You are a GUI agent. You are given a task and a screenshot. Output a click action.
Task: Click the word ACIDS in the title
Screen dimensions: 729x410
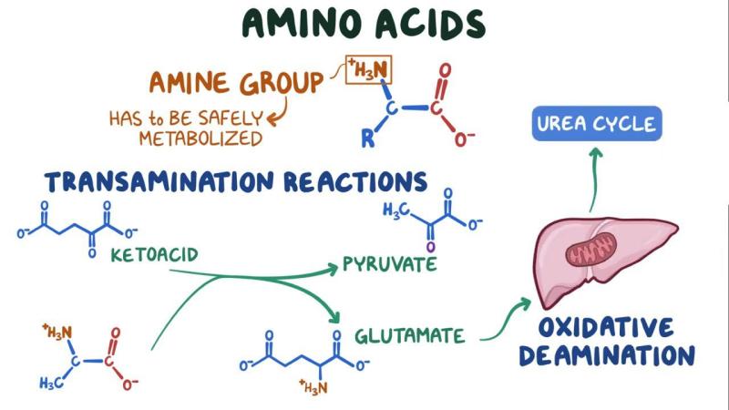point(430,24)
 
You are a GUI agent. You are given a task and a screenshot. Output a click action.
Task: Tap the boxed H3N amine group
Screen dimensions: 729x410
point(369,70)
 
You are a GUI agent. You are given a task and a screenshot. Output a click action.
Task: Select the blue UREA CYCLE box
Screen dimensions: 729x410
point(597,124)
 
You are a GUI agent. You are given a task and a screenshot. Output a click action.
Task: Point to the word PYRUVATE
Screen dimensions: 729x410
point(390,264)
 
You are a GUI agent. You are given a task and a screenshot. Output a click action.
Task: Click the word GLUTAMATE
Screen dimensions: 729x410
point(409,335)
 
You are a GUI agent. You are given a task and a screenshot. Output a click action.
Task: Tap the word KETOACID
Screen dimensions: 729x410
point(154,255)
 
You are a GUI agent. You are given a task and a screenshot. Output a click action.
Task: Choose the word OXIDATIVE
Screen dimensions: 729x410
point(606,327)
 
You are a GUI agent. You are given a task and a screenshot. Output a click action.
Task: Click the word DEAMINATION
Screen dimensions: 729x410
point(607,356)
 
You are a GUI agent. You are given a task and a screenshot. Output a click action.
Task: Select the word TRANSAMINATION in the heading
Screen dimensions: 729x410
point(159,181)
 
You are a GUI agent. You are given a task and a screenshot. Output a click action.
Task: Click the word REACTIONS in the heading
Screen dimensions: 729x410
point(355,181)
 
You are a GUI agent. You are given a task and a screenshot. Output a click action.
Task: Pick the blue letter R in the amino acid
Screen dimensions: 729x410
point(368,138)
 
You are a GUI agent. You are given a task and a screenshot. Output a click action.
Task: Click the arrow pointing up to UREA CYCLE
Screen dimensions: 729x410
point(594,179)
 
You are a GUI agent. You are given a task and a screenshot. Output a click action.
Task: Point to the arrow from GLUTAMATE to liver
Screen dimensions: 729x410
point(505,321)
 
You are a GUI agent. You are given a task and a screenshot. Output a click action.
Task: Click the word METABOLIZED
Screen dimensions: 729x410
point(200,138)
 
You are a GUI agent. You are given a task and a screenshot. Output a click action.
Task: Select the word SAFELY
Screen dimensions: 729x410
point(231,118)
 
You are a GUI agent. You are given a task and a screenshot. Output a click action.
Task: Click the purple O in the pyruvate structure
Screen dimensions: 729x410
point(430,246)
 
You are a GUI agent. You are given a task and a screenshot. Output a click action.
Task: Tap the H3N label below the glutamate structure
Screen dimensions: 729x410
point(313,386)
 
